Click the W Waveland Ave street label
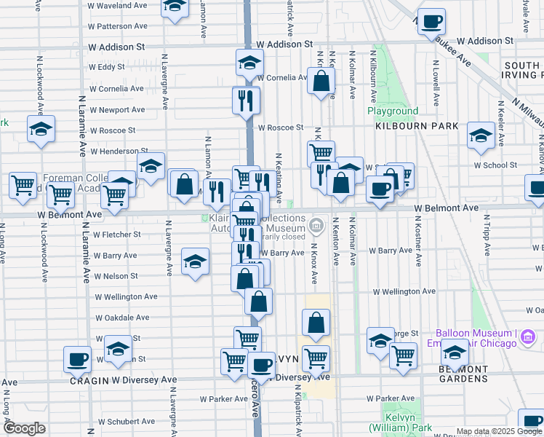(117, 5)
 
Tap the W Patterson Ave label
(121, 26)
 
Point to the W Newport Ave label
(117, 110)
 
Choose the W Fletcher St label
(116, 235)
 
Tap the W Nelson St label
(115, 276)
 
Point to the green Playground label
(393, 111)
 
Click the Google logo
(24, 428)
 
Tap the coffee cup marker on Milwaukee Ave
(431, 23)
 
